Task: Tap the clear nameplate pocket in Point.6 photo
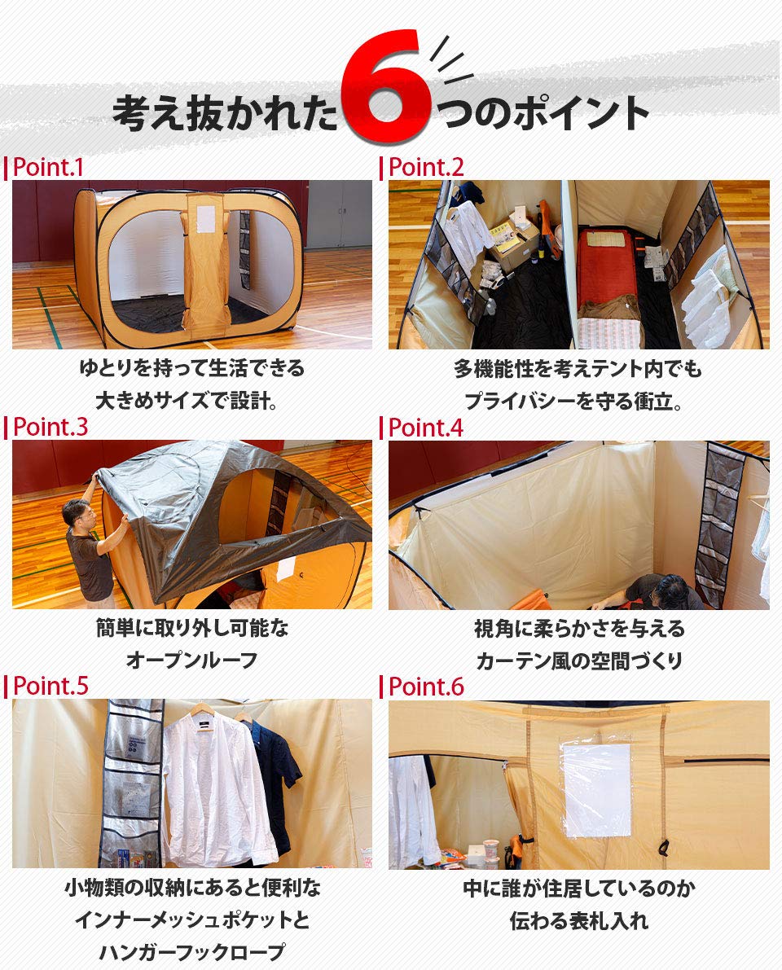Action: tap(596, 788)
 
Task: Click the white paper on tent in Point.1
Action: tap(205, 217)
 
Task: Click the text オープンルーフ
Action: tap(191, 660)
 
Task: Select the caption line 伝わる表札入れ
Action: tap(579, 921)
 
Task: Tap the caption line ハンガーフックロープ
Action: tap(191, 952)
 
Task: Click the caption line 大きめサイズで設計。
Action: tap(191, 401)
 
